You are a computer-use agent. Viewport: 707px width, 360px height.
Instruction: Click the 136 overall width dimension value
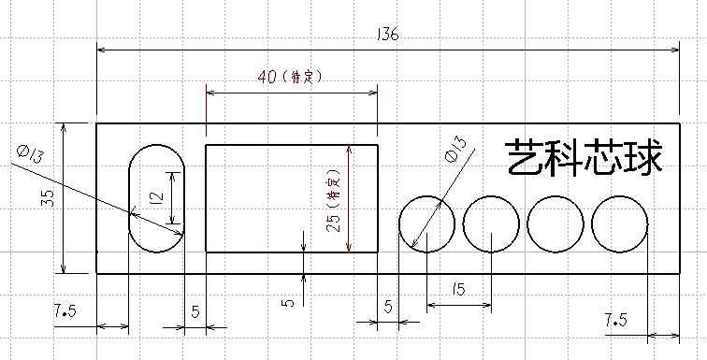[x=388, y=36]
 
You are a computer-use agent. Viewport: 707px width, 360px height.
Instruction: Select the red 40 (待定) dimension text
[x=290, y=78]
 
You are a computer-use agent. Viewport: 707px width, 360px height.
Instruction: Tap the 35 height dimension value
[x=48, y=198]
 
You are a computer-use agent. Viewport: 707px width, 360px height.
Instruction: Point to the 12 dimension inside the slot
[x=157, y=197]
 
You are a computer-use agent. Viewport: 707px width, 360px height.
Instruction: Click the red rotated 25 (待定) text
[x=333, y=201]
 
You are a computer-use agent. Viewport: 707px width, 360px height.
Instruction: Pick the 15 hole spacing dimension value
[x=457, y=289]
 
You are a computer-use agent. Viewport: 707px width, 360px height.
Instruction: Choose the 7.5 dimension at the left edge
[x=66, y=311]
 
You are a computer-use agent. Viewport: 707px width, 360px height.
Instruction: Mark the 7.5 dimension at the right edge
[x=616, y=322]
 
